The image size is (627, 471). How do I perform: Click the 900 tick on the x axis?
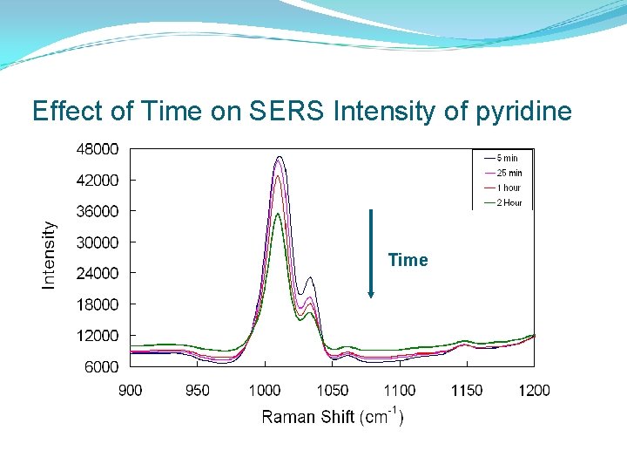click(x=131, y=390)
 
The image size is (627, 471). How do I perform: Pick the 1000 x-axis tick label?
click(x=265, y=390)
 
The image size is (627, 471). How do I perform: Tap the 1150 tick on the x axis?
click(x=467, y=390)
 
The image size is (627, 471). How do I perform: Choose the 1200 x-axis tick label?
click(x=534, y=390)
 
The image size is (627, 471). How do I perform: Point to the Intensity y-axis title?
click(x=50, y=254)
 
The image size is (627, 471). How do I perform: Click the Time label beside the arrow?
click(x=408, y=260)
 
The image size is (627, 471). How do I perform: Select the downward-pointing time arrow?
click(x=371, y=253)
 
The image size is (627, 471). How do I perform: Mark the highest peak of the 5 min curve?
click(x=279, y=157)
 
